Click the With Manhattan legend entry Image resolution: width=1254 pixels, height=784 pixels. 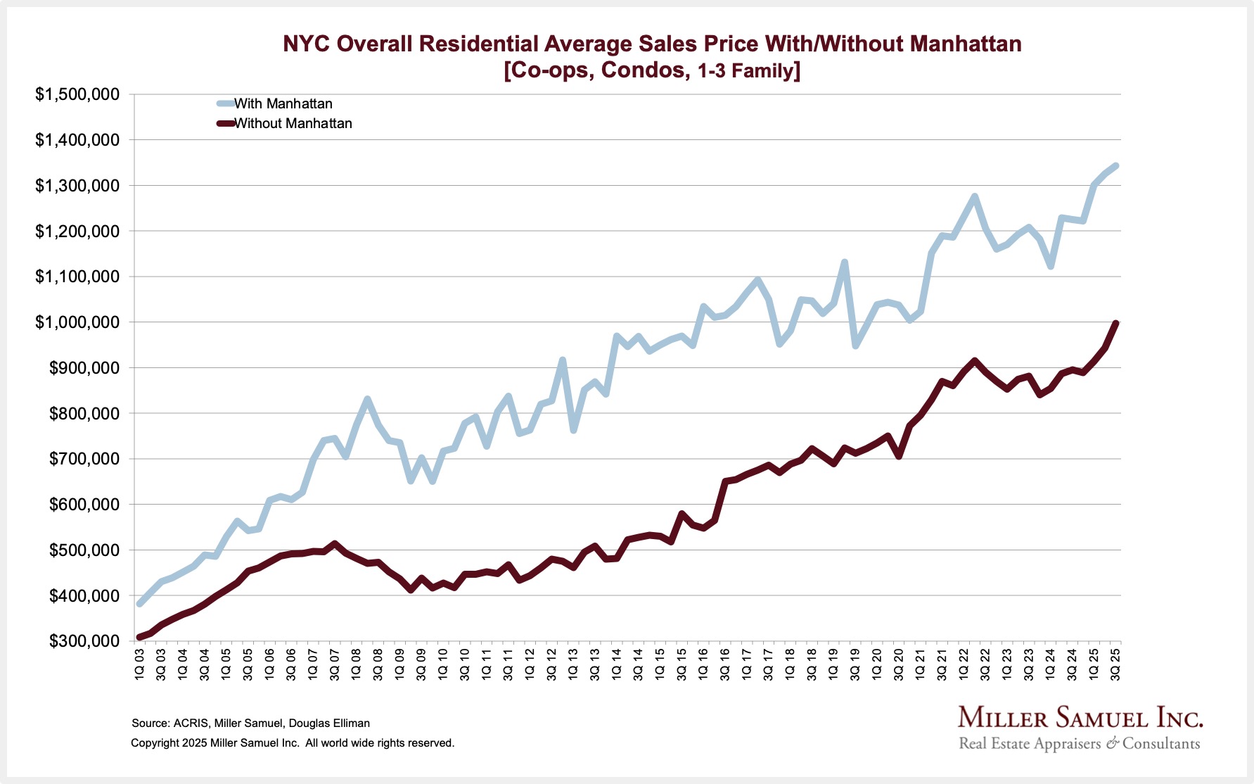pos(283,103)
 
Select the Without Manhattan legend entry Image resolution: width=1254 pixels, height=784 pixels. pos(293,123)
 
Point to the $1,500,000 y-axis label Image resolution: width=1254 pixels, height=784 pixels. pos(77,94)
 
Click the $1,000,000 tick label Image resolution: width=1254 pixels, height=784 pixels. pos(77,322)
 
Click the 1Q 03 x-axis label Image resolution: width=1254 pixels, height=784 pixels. pos(139,664)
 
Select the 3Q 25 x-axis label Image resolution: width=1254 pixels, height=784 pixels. pos(1115,664)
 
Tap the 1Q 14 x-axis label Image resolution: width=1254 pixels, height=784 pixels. pos(617,664)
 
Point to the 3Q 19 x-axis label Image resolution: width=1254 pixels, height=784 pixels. pos(855,664)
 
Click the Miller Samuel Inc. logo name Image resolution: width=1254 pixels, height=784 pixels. pos(1080,718)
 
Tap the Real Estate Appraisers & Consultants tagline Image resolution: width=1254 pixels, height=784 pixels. pos(1080,744)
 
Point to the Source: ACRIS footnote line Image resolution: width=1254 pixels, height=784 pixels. pos(250,723)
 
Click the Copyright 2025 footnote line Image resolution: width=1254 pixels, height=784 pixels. pos(293,743)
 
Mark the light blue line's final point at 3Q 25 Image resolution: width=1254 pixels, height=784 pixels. pos(1115,166)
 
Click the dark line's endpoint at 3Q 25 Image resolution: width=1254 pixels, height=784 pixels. pos(1116,323)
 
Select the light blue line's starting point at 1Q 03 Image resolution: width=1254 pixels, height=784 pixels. pos(140,604)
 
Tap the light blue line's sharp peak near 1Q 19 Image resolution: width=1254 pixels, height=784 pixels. pos(845,263)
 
